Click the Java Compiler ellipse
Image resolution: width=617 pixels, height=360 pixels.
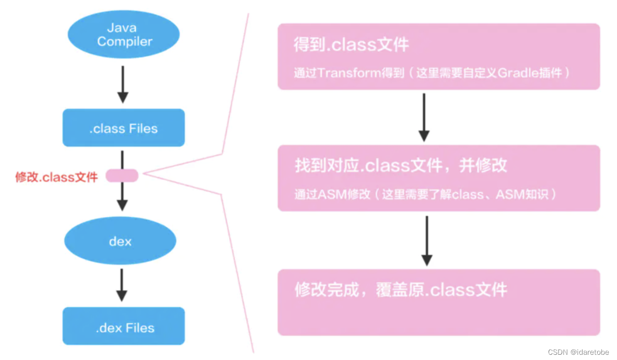124,34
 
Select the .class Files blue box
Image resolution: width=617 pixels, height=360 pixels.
123,128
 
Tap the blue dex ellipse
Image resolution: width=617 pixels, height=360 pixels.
120,241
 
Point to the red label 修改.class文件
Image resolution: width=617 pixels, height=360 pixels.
56,177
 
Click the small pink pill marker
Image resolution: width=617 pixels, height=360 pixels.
122,176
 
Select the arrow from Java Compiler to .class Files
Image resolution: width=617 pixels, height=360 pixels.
122,84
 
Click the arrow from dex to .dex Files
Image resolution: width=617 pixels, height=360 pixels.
122,285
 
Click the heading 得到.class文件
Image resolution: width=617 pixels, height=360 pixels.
351,45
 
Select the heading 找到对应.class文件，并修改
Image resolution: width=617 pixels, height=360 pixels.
401,165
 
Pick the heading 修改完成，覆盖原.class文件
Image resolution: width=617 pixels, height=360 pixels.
401,289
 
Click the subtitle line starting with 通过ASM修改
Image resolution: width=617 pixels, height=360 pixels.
425,194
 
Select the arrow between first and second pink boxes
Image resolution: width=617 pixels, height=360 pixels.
424,117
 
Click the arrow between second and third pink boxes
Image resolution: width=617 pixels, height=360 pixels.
427,240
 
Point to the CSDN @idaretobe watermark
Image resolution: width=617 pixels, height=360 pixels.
578,352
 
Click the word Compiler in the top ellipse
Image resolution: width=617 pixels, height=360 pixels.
124,41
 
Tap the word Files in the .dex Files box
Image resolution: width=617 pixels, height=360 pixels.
140,328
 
